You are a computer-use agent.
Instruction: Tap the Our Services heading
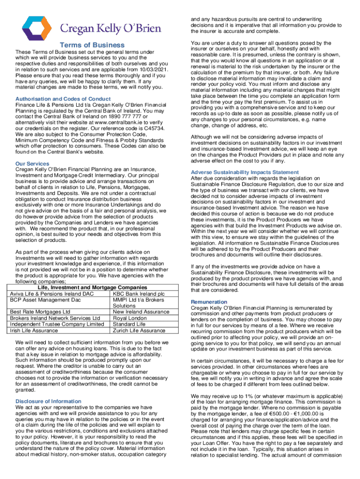coord(32,164)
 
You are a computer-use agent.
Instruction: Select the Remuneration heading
coord(209,302)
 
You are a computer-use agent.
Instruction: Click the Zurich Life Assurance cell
coord(139,330)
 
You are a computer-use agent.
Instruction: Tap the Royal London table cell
coord(129,318)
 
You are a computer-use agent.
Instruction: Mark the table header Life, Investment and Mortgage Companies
coord(92,287)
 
